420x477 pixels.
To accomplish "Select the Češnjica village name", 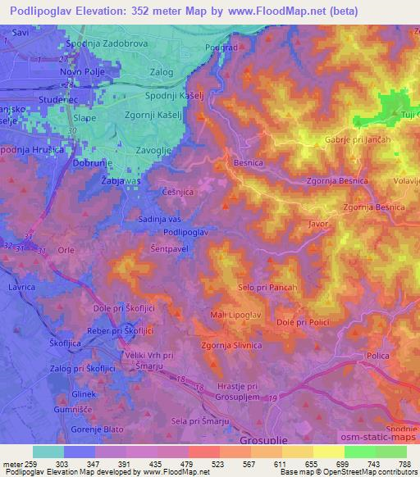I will point(177,191).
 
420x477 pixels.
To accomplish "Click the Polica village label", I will point(377,357).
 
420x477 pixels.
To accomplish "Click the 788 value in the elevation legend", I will point(403,464).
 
